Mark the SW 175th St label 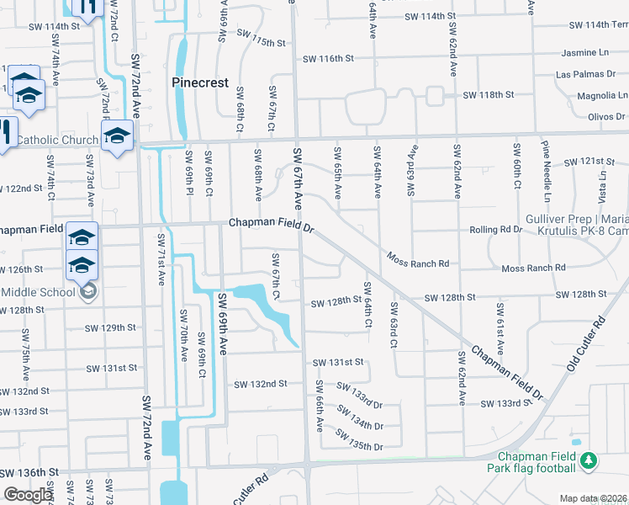pyautogui.click(x=262, y=40)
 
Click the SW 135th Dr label pyautogui.click(x=359, y=440)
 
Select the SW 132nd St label pyautogui.click(x=261, y=384)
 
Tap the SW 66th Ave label pyautogui.click(x=320, y=405)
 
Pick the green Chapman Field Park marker pyautogui.click(x=589, y=460)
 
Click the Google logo pyautogui.click(x=27, y=495)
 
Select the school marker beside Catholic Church pyautogui.click(x=117, y=136)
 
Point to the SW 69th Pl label pyautogui.click(x=190, y=180)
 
